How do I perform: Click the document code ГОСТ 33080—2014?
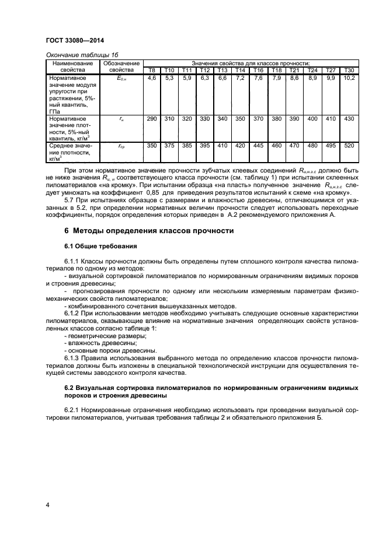tap(72, 42)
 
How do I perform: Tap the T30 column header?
tap(349, 71)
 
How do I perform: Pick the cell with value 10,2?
tap(349, 78)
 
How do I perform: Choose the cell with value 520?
tap(349, 145)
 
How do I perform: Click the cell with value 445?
tap(258, 145)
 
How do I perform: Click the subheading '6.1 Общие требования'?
tap(100, 247)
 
